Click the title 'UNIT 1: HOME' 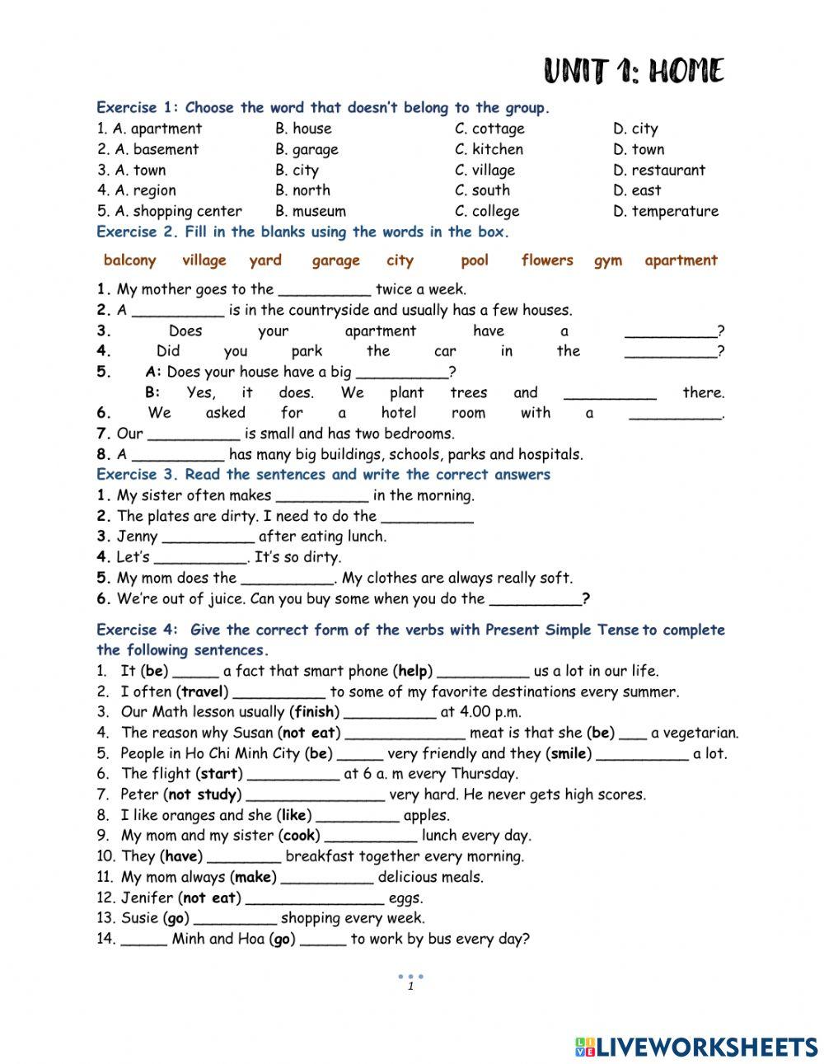pos(634,72)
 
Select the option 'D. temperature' pos(666,211)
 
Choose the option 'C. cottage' pos(489,129)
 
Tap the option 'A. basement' pos(147,149)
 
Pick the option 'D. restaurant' pos(659,170)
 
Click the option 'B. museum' pos(311,211)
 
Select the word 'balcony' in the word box pos(129,260)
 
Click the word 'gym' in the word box pos(608,260)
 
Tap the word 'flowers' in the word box pos(547,260)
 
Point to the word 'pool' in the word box pos(475,260)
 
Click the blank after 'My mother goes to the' pos(325,290)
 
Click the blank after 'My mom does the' pos(288,579)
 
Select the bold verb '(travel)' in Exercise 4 pos(203,692)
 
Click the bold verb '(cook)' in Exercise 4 pos(301,836)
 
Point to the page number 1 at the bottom pos(410,987)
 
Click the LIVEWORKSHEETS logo pos(696,1047)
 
